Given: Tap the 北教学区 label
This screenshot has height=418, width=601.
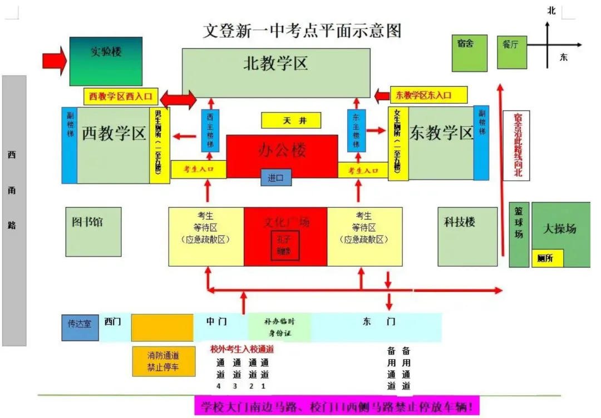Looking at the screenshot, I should (x=276, y=64).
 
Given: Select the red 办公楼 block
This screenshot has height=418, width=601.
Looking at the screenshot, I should (x=282, y=150).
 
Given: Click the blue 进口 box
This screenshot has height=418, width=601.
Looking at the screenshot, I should (x=276, y=177).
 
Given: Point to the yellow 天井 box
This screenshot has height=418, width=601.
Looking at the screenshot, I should (x=291, y=121).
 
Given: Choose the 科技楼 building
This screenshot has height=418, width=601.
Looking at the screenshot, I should (x=467, y=237).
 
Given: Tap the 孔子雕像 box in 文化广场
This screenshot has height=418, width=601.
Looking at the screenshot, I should (x=285, y=245).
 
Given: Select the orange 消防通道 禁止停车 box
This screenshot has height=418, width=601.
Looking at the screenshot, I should (x=163, y=361).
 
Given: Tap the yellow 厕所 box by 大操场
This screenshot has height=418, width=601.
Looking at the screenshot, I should (x=547, y=258).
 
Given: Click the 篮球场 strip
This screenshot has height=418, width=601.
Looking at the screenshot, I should (x=519, y=234).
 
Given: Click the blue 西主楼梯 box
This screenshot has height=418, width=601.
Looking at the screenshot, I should (x=210, y=131).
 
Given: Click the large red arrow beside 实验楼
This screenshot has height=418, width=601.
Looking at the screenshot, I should (x=54, y=59).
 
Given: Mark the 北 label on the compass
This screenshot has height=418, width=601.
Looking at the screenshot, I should (x=551, y=10).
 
